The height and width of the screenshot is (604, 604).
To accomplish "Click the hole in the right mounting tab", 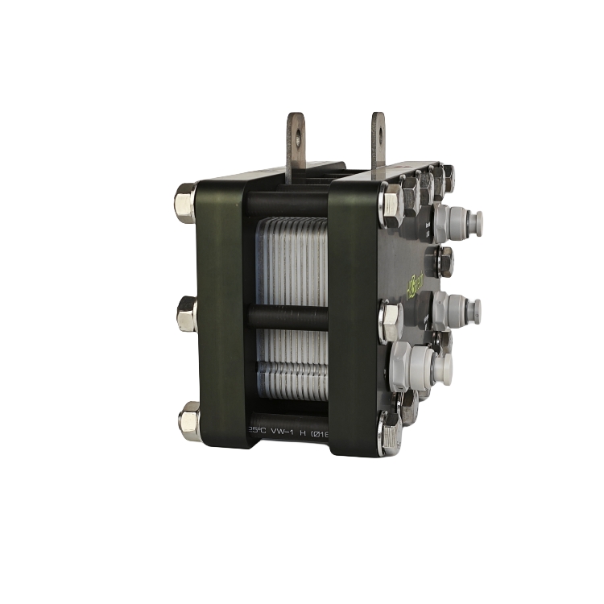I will pos(378,126).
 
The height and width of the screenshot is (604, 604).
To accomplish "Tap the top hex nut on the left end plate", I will pos(185,203).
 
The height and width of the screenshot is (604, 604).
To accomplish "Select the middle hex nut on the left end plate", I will pos(186,313).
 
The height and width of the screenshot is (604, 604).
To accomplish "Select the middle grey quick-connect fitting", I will pos(458,309).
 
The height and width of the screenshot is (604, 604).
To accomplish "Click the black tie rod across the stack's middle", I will pos(288,316).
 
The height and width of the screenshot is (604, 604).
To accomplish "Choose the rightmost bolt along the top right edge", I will pos(446,178).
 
